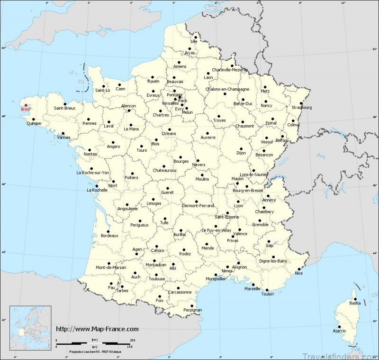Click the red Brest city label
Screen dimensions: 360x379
click(x=25, y=109)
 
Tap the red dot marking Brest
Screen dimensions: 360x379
click(x=26, y=105)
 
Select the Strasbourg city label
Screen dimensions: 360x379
click(x=302, y=107)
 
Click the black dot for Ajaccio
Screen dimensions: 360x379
click(x=339, y=325)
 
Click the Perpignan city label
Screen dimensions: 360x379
click(x=192, y=310)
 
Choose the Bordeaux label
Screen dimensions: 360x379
click(x=109, y=236)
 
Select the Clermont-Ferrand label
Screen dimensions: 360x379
click(x=198, y=205)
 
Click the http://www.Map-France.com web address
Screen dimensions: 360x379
click(x=97, y=329)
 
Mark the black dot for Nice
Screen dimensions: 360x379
click(x=299, y=268)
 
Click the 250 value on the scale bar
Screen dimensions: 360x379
click(x=133, y=340)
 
